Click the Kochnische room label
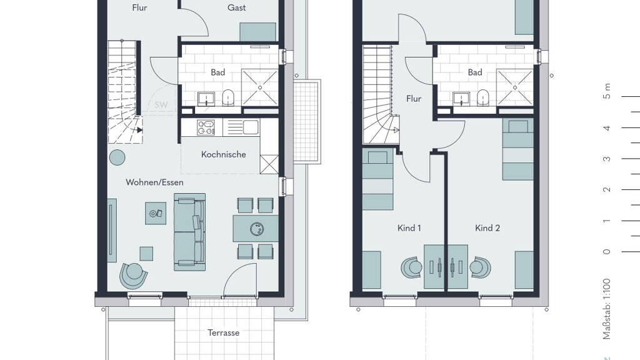click(223, 155)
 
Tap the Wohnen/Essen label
click(154, 182)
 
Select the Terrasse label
click(223, 332)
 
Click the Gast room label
click(237, 7)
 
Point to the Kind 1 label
click(409, 228)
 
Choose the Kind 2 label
click(487, 228)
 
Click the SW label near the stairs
click(161, 105)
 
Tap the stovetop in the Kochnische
click(206, 127)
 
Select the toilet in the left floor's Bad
click(228, 98)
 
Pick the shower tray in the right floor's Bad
click(515, 87)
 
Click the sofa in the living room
click(189, 232)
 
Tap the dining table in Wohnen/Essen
click(256, 229)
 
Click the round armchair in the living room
click(133, 275)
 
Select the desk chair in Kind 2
click(479, 267)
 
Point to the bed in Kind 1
click(377, 180)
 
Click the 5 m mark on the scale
click(607, 91)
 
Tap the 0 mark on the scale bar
click(606, 251)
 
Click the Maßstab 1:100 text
click(606, 309)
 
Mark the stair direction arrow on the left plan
click(139, 130)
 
